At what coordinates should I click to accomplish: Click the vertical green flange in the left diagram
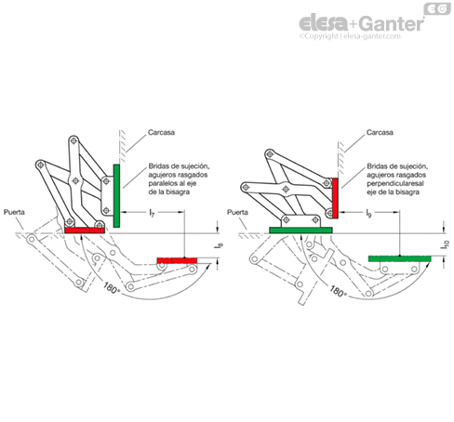click(x=116, y=196)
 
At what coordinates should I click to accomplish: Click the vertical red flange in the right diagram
click(x=335, y=198)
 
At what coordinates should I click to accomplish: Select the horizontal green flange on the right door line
click(x=300, y=231)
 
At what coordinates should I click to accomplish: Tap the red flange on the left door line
click(x=85, y=231)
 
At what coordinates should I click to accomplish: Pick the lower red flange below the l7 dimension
click(x=177, y=260)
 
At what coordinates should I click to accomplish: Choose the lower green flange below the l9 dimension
click(x=399, y=258)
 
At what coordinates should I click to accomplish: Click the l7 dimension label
click(x=152, y=213)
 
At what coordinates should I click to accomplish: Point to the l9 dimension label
click(x=368, y=213)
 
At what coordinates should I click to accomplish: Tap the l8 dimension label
click(x=219, y=245)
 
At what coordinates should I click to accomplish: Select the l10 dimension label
click(x=445, y=244)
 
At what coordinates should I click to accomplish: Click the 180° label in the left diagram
click(x=111, y=288)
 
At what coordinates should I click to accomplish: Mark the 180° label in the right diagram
click(x=338, y=291)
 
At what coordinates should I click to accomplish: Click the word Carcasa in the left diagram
click(x=161, y=132)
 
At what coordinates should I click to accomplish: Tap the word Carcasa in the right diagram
click(x=380, y=132)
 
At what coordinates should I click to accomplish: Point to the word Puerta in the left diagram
click(x=14, y=212)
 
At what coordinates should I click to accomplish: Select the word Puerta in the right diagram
click(x=237, y=212)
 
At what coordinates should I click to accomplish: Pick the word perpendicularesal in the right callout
click(x=395, y=183)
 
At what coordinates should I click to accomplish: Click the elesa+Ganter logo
click(x=361, y=24)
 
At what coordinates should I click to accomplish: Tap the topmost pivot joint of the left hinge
click(x=73, y=140)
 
